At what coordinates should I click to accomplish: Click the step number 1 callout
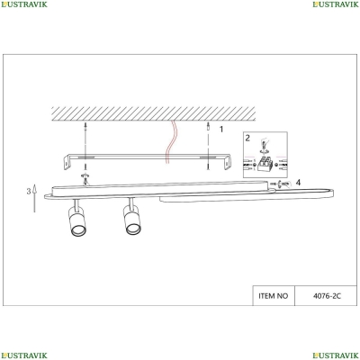pyautogui.click(x=221, y=130)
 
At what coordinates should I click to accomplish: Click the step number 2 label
pyautogui.click(x=247, y=138)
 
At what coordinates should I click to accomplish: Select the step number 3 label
pyautogui.click(x=29, y=191)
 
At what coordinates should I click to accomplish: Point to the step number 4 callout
pyautogui.click(x=298, y=182)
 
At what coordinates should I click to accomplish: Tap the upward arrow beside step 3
pyautogui.click(x=34, y=198)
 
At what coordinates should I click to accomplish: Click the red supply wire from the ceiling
pyautogui.click(x=171, y=141)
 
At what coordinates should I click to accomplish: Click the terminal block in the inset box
pyautogui.click(x=265, y=165)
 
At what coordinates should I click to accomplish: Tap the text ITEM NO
pyautogui.click(x=274, y=296)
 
